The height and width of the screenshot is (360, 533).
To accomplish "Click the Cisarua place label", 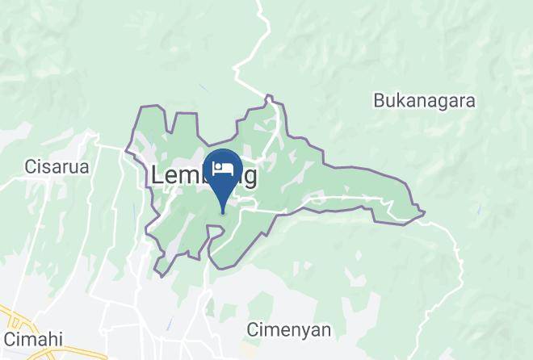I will [56, 167].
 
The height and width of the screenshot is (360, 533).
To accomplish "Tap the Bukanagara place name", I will [423, 101].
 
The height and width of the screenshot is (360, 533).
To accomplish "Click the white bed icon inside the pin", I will [224, 169].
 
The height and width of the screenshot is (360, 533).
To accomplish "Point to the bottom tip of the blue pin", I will [224, 214].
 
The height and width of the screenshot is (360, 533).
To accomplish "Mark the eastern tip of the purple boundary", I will [425, 213].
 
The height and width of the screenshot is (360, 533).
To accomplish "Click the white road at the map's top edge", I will [260, 4].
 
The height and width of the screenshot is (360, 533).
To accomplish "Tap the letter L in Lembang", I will [157, 176].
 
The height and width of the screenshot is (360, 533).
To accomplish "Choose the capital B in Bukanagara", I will [378, 101].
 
